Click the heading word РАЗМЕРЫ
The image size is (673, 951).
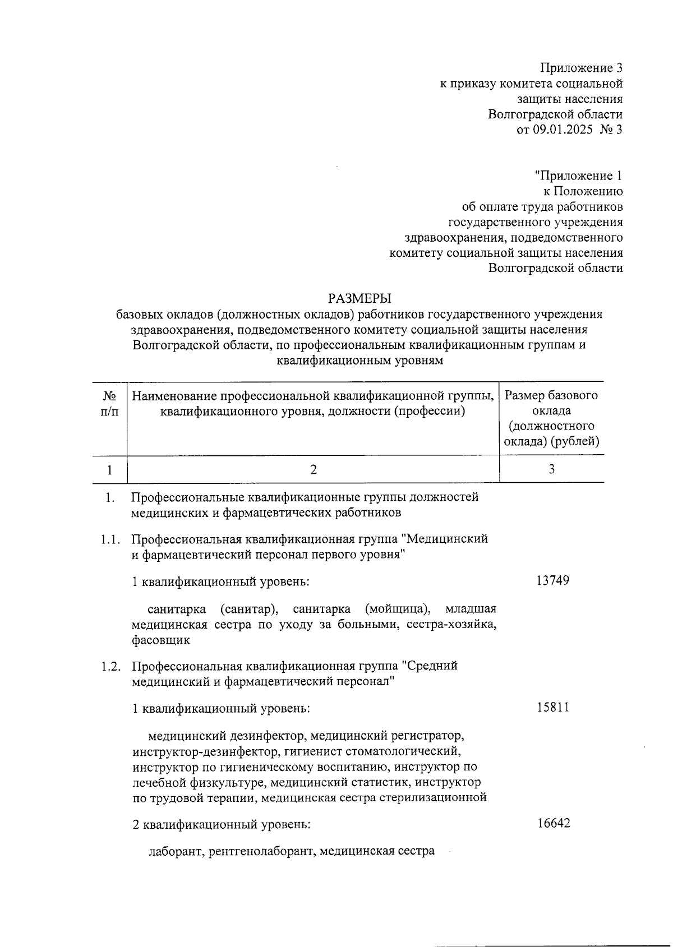point(359,298)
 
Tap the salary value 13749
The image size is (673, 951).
point(552,580)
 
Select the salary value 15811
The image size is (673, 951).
point(552,707)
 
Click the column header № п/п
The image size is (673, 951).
point(110,403)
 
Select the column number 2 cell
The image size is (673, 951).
point(314,469)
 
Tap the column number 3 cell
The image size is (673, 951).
point(552,469)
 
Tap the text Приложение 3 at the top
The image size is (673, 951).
point(581,68)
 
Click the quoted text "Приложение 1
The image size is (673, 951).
point(578,176)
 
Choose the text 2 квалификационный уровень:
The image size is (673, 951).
point(221,825)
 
